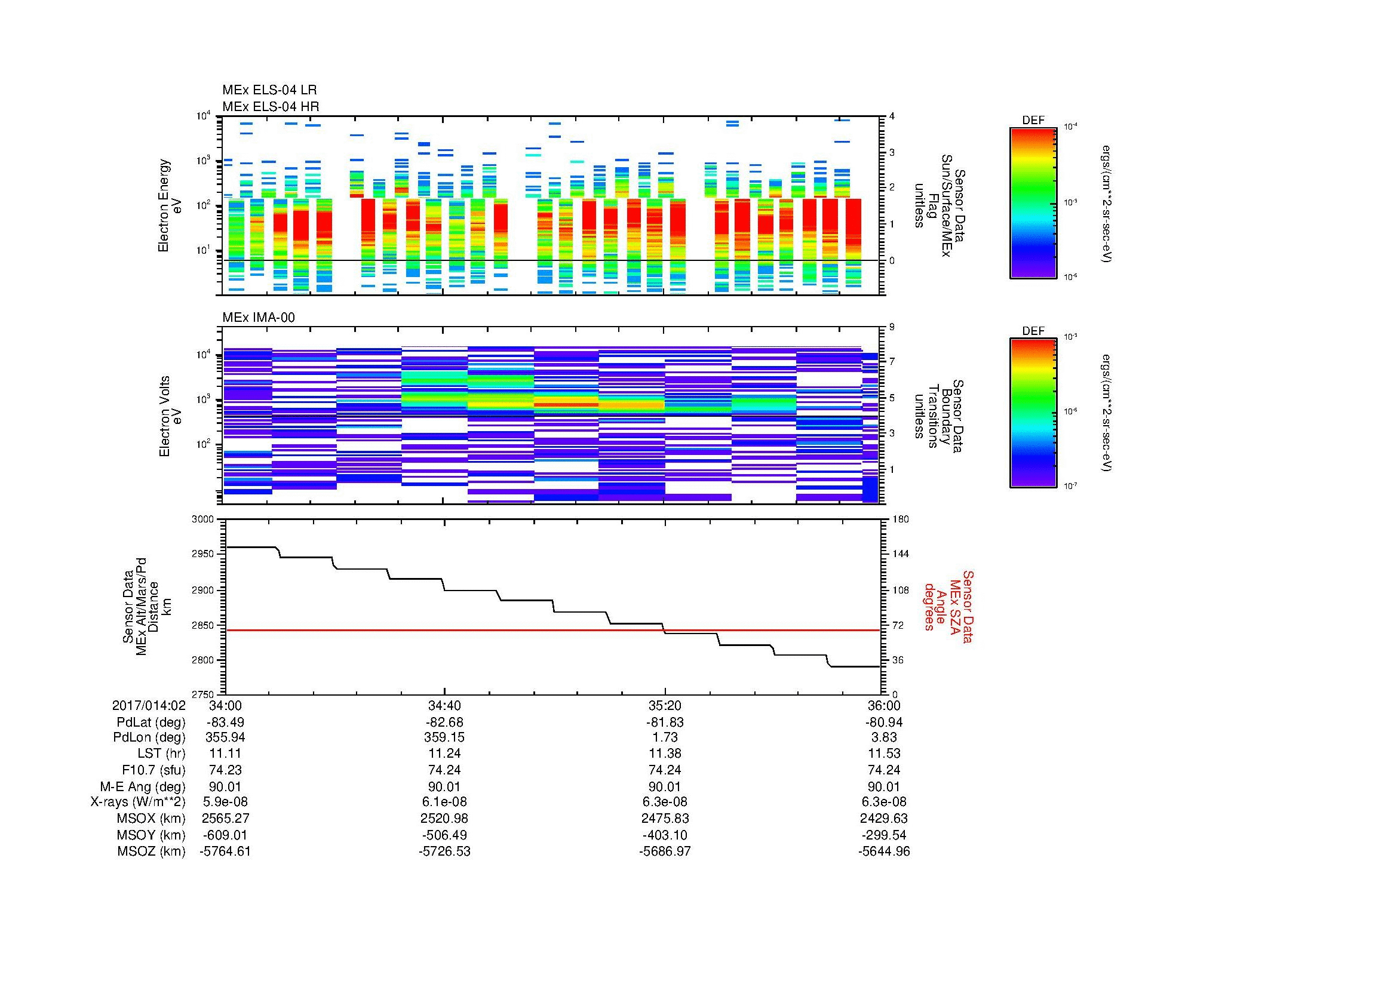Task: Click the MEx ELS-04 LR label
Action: [x=269, y=90]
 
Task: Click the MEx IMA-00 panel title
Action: [x=258, y=318]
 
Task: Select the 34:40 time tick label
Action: [x=444, y=705]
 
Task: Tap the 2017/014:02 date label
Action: [x=149, y=705]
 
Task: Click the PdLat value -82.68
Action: [x=444, y=722]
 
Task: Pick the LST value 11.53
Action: [x=883, y=754]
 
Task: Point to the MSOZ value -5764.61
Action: [x=225, y=851]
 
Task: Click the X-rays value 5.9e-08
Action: [x=225, y=802]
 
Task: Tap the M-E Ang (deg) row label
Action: [x=142, y=786]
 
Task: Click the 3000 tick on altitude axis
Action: [x=203, y=519]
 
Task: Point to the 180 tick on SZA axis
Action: [x=901, y=519]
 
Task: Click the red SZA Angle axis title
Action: [x=948, y=606]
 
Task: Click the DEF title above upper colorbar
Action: [x=1033, y=121]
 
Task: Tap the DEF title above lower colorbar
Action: [x=1033, y=331]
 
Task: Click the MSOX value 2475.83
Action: [x=664, y=819]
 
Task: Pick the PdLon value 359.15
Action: [x=444, y=737]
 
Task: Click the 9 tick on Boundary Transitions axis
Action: [x=892, y=327]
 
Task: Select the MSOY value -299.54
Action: [x=883, y=835]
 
